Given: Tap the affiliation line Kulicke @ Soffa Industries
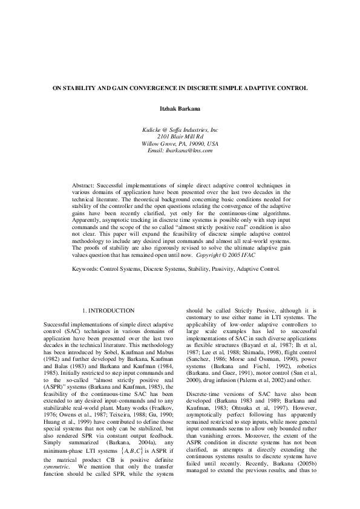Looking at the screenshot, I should (x=180, y=130).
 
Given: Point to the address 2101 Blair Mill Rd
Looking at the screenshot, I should (x=180, y=137).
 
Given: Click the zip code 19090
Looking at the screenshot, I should (x=193, y=143).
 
